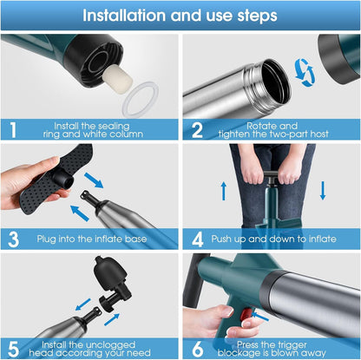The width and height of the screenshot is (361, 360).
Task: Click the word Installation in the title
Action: pos(124,16)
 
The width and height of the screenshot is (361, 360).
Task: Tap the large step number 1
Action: pos(13,130)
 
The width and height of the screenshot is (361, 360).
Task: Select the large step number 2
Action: pos(197,130)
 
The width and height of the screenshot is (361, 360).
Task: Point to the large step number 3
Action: pos(14,239)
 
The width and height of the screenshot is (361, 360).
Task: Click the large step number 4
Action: pos(198,239)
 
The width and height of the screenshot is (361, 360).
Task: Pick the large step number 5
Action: pos(14,349)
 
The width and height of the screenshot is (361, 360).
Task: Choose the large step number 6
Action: pos(198,349)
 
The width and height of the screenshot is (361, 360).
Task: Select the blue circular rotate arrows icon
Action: pos(305,73)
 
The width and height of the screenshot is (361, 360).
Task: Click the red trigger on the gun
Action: pos(246,314)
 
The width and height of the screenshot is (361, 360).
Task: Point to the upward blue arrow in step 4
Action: pos(224,191)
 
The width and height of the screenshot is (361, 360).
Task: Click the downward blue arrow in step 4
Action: pos(323,191)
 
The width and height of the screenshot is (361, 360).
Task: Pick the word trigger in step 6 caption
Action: pos(290,345)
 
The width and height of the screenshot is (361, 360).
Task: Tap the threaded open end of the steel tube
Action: pos(267,84)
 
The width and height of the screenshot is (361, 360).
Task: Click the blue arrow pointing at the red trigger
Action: pos(260,317)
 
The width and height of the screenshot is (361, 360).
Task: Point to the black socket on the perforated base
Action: pos(62,179)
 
